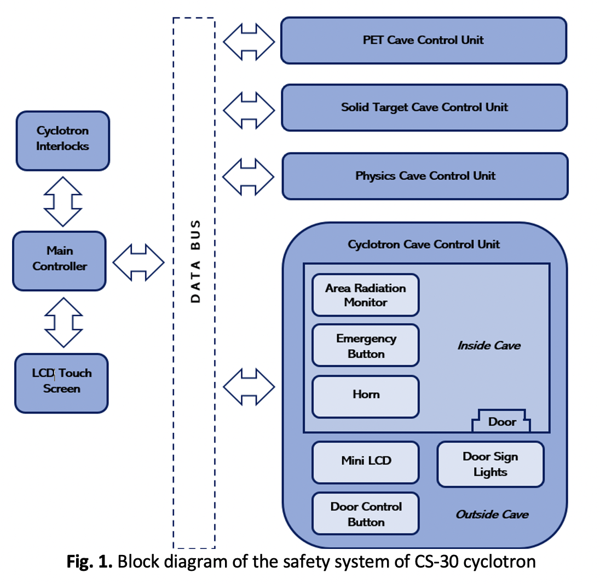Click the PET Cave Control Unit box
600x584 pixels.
click(x=423, y=41)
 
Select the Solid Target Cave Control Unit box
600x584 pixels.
click(x=424, y=107)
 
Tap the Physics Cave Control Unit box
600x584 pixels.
click(x=425, y=176)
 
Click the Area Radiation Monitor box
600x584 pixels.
click(x=365, y=295)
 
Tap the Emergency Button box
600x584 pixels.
click(x=365, y=346)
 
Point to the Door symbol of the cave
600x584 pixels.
click(x=501, y=421)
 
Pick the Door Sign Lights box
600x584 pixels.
click(x=490, y=464)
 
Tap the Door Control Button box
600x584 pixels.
click(x=365, y=513)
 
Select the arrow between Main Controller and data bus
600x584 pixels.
click(x=139, y=262)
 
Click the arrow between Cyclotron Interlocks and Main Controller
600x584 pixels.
click(x=62, y=201)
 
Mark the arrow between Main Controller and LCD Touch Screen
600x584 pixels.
click(x=63, y=322)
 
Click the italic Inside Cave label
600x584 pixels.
click(x=489, y=346)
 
